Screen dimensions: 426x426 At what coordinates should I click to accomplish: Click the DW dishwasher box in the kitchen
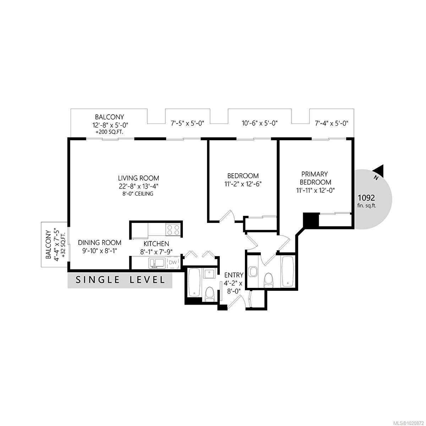coord(173,262)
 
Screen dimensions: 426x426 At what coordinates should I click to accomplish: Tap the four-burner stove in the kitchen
coord(173,230)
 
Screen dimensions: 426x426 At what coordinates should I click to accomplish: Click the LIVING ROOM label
coord(138,178)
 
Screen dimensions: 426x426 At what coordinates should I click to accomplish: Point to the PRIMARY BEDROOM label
coord(314,178)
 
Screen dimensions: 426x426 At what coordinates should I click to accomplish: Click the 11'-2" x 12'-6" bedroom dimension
coord(243,184)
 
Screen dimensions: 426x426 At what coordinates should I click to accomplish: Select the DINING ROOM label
coord(100,243)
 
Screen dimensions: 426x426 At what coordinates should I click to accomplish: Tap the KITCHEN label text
coord(156,244)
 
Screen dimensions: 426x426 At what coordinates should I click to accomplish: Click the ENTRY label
coord(234,275)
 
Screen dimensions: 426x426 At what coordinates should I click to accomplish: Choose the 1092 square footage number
coord(366,198)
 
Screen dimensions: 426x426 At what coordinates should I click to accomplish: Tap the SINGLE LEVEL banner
coord(120,280)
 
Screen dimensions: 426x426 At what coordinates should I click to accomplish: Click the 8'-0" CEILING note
coord(138,194)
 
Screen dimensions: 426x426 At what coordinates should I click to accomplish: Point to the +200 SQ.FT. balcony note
coord(109,132)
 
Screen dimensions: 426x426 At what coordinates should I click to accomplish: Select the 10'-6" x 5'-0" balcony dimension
coord(260,123)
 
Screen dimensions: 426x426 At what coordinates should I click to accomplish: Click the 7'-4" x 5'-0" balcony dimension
coord(332,123)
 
